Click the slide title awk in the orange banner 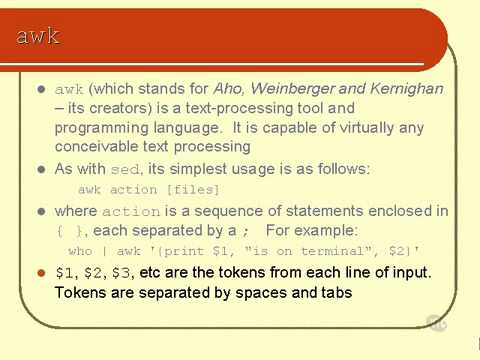[x=38, y=37]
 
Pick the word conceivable [x=97, y=146]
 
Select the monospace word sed [x=123, y=168]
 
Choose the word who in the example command [x=80, y=250]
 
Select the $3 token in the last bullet [x=121, y=272]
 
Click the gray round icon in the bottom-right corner [x=436, y=322]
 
